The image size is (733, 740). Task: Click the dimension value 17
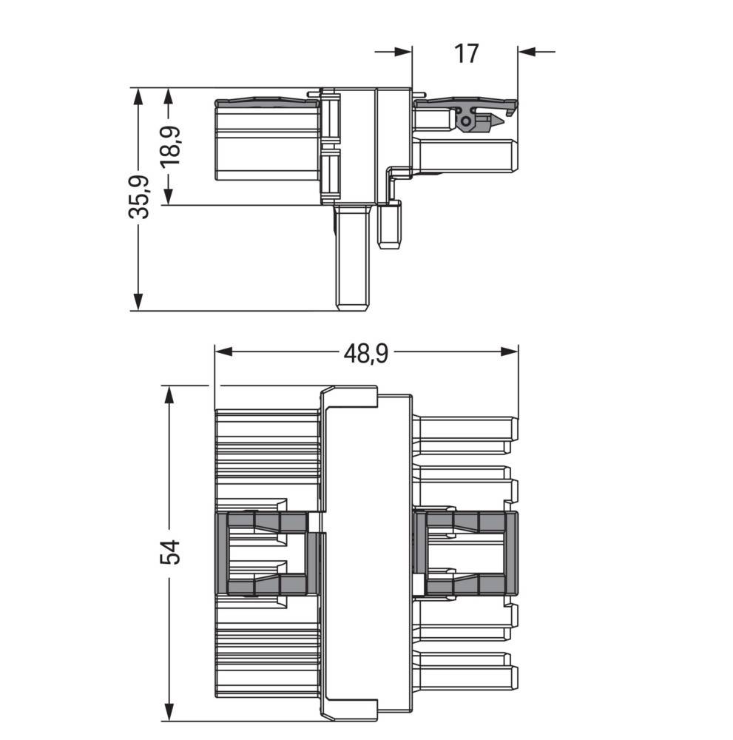point(466,53)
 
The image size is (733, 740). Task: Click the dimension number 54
point(170,553)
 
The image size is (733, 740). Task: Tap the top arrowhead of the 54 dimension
point(170,393)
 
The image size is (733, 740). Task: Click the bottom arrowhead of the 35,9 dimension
point(138,303)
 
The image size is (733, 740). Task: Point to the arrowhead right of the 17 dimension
point(526,51)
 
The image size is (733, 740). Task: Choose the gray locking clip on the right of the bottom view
point(466,553)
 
